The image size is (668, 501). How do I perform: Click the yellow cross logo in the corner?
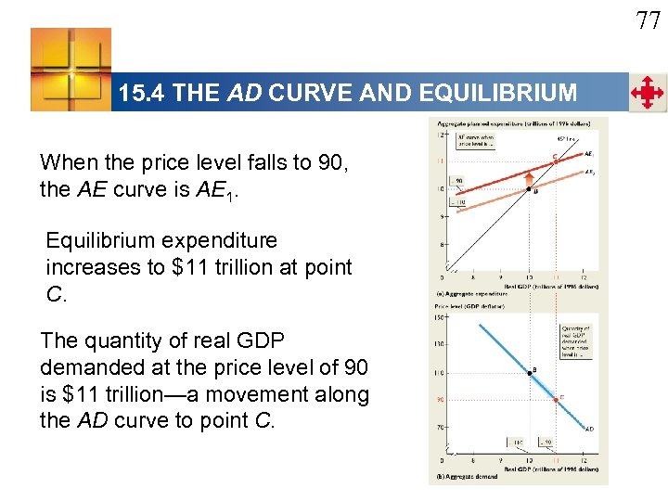[71, 70]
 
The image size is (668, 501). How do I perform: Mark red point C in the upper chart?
[555, 161]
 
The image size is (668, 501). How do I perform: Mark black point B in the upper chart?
[528, 189]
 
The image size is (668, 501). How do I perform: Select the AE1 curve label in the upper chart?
[590, 154]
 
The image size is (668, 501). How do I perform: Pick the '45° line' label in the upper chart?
[566, 139]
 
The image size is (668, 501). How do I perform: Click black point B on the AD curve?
[528, 372]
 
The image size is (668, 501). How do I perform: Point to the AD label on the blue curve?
[590, 430]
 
